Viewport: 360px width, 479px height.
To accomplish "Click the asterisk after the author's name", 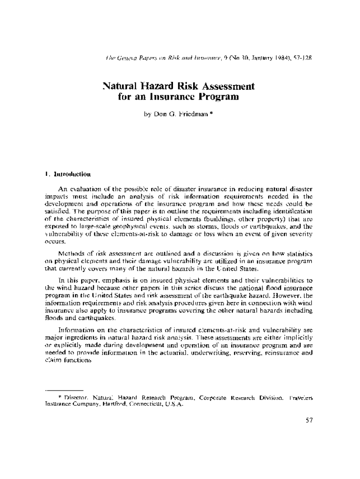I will (212, 113).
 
